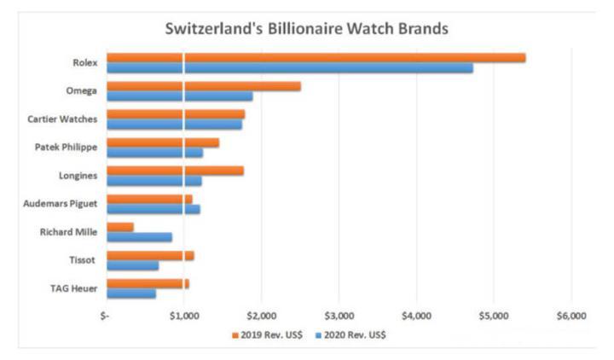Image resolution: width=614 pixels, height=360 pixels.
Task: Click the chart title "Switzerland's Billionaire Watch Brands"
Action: (306, 28)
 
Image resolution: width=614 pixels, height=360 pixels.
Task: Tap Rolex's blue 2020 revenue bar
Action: (290, 68)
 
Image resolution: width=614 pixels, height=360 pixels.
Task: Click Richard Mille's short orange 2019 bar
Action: (120, 227)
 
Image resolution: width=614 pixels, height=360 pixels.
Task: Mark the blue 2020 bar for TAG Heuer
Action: (131, 293)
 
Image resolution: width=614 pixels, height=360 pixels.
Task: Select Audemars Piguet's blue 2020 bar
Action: (153, 208)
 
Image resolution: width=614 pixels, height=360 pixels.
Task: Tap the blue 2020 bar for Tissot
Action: (133, 264)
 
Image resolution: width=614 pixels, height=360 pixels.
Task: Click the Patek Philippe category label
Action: (66, 147)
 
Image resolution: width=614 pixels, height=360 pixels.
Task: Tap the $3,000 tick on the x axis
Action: (339, 316)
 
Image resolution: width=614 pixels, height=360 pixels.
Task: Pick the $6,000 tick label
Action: (571, 316)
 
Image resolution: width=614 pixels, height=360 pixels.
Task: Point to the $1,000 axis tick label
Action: (184, 316)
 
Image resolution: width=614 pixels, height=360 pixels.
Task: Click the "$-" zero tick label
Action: (105, 316)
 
